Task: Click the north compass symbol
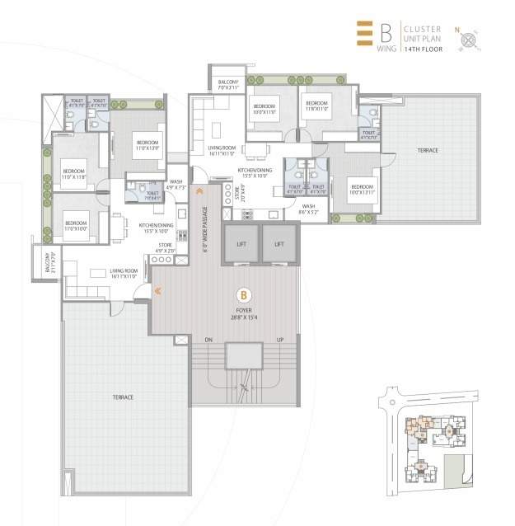471,38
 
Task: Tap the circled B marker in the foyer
243,294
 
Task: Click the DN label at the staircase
208,339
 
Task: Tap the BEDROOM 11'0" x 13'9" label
148,145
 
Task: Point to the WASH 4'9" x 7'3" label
176,185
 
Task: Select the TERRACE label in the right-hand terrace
427,151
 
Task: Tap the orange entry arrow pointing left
157,290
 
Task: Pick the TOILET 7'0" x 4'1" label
152,195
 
